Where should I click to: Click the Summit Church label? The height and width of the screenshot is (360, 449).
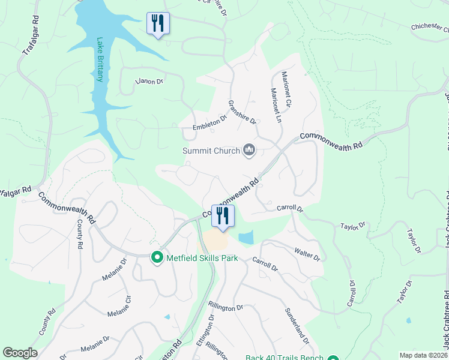[211, 151]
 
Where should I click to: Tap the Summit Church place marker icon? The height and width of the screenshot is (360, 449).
[249, 150]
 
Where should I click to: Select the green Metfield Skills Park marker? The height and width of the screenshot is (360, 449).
[157, 257]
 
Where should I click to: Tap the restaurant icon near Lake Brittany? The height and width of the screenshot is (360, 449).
[158, 23]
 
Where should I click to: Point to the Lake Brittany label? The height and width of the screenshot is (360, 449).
[100, 59]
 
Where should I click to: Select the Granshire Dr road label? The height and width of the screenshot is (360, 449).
[242, 112]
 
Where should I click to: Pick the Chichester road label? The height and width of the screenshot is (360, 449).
[430, 28]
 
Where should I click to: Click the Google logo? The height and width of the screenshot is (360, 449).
[20, 353]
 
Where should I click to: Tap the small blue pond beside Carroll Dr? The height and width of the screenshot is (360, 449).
[246, 238]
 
